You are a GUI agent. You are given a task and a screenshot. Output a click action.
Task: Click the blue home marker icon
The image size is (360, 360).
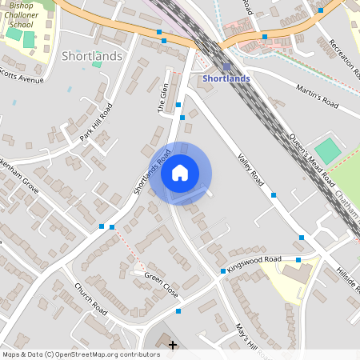[x=180, y=173]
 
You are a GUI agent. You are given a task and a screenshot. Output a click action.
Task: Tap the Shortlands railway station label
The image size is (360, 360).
[x=226, y=78]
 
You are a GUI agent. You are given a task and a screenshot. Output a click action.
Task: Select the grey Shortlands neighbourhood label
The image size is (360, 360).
[x=92, y=56]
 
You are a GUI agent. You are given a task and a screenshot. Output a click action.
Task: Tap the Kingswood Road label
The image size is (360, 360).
[x=254, y=264]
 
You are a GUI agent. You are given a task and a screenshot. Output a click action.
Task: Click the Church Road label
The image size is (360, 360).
[x=90, y=298]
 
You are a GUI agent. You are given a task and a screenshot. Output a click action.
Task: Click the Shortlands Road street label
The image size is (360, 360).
[x=152, y=172]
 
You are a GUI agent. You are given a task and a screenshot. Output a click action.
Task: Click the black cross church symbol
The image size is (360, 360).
[x=173, y=345]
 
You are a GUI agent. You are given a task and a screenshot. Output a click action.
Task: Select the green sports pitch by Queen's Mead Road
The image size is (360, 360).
[x=327, y=150]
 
